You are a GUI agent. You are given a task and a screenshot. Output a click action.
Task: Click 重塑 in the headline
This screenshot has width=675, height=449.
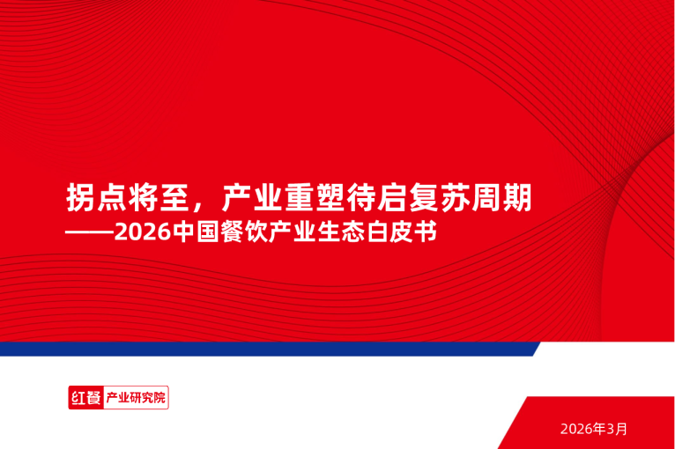click(x=314, y=197)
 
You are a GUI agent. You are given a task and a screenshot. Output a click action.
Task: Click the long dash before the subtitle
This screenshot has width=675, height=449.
click(x=90, y=234)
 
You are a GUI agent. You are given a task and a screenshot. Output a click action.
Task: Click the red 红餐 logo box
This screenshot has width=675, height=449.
click(x=85, y=398)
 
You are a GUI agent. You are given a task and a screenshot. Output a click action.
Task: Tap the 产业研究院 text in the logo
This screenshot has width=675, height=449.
click(x=135, y=398)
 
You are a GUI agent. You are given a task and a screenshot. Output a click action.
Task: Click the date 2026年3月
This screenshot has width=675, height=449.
click(x=593, y=429)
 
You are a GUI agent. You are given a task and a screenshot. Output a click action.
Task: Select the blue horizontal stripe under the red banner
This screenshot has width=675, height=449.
click(x=264, y=349)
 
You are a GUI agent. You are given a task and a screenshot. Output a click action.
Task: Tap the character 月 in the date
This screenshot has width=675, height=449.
click(x=622, y=429)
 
